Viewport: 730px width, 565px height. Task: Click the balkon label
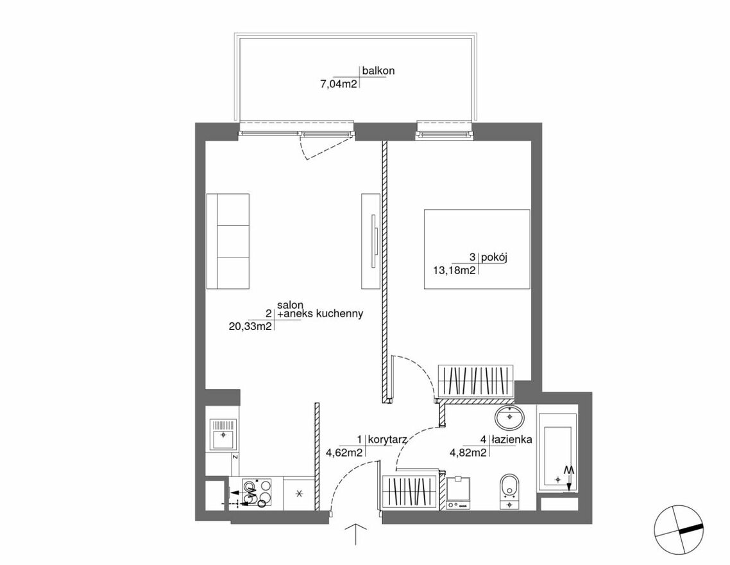coord(378,71)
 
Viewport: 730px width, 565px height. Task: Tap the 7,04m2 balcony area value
coord(339,84)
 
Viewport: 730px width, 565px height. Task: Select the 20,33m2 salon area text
coord(250,327)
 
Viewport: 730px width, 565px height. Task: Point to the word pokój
coord(494,257)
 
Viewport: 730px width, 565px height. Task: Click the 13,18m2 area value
coord(454,271)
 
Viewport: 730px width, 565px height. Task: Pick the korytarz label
coord(388,439)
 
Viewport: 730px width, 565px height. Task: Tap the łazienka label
coord(512,439)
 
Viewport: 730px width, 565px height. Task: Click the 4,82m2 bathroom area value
coord(468,452)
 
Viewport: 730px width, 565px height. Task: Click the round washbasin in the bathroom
coord(510,417)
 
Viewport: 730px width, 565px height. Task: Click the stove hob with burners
coord(255,493)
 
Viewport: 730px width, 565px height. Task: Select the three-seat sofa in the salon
coord(228,242)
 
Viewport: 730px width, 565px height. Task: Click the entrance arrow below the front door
coord(356,534)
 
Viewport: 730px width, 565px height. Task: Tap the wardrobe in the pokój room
coord(475,381)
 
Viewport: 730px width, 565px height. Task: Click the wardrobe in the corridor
coord(410,492)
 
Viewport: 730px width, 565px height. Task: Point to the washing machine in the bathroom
coord(459,493)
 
